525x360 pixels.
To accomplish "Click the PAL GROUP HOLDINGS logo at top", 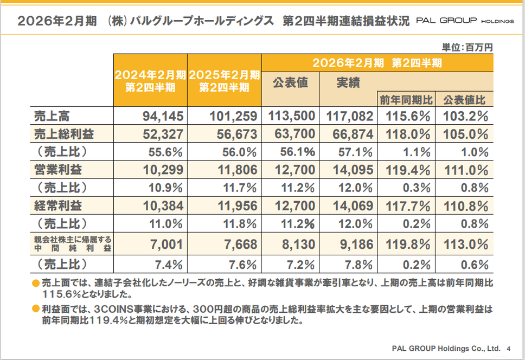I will [x=465, y=21].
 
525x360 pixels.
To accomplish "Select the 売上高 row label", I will [x=52, y=115].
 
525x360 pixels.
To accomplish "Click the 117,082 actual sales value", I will [x=349, y=115].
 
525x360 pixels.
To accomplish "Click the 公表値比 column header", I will [x=464, y=100].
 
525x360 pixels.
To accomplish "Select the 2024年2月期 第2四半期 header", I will [x=150, y=80].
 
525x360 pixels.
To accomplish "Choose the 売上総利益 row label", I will [x=63, y=134].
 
